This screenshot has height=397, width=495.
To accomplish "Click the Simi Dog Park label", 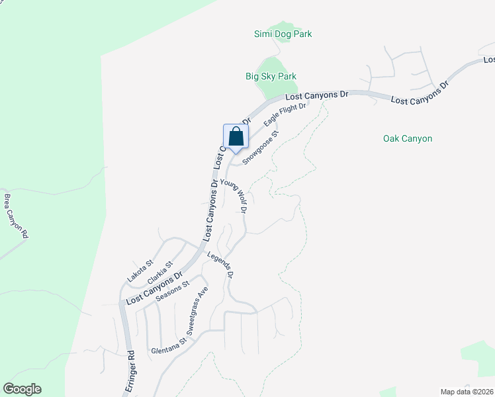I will (x=283, y=34).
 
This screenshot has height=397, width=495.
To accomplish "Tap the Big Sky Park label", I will (x=271, y=76).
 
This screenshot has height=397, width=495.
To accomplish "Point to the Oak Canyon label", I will (x=408, y=138).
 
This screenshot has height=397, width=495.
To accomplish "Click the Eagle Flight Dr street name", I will (x=285, y=114).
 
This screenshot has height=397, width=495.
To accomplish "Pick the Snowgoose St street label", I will (x=261, y=148).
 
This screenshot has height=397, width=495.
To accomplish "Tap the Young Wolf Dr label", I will (x=234, y=196).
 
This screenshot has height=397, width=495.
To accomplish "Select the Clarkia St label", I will (x=160, y=271).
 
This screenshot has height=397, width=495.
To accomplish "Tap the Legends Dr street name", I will (x=220, y=265).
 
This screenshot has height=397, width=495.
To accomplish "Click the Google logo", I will (x=22, y=389).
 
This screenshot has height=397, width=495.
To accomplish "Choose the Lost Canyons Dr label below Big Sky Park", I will (x=316, y=95).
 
